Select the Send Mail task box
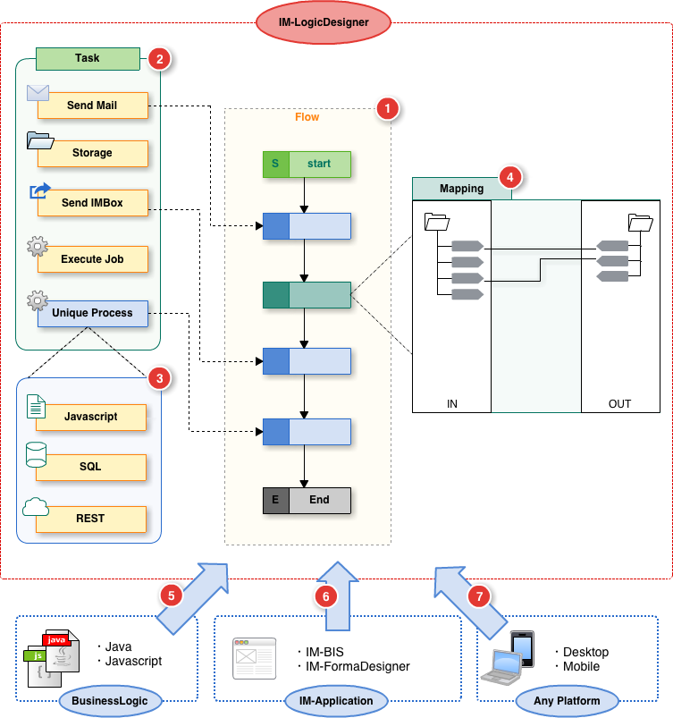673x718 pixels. (x=92, y=106)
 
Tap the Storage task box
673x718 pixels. (x=92, y=153)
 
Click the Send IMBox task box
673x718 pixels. (x=92, y=203)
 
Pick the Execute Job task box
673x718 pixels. (x=92, y=259)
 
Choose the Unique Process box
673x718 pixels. (x=92, y=313)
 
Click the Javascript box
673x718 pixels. (x=91, y=417)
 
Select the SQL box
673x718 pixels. (x=91, y=467)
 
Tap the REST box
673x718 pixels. (x=91, y=519)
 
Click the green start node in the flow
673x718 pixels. (x=307, y=164)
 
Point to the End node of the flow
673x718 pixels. (x=307, y=500)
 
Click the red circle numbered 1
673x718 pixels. (x=386, y=109)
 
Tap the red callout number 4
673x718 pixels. (x=509, y=176)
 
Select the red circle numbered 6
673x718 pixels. (x=327, y=594)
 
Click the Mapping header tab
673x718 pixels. (x=461, y=189)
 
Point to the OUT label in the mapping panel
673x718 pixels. (x=619, y=404)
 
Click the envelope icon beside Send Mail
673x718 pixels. (x=38, y=92)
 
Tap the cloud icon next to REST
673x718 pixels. (x=36, y=507)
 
